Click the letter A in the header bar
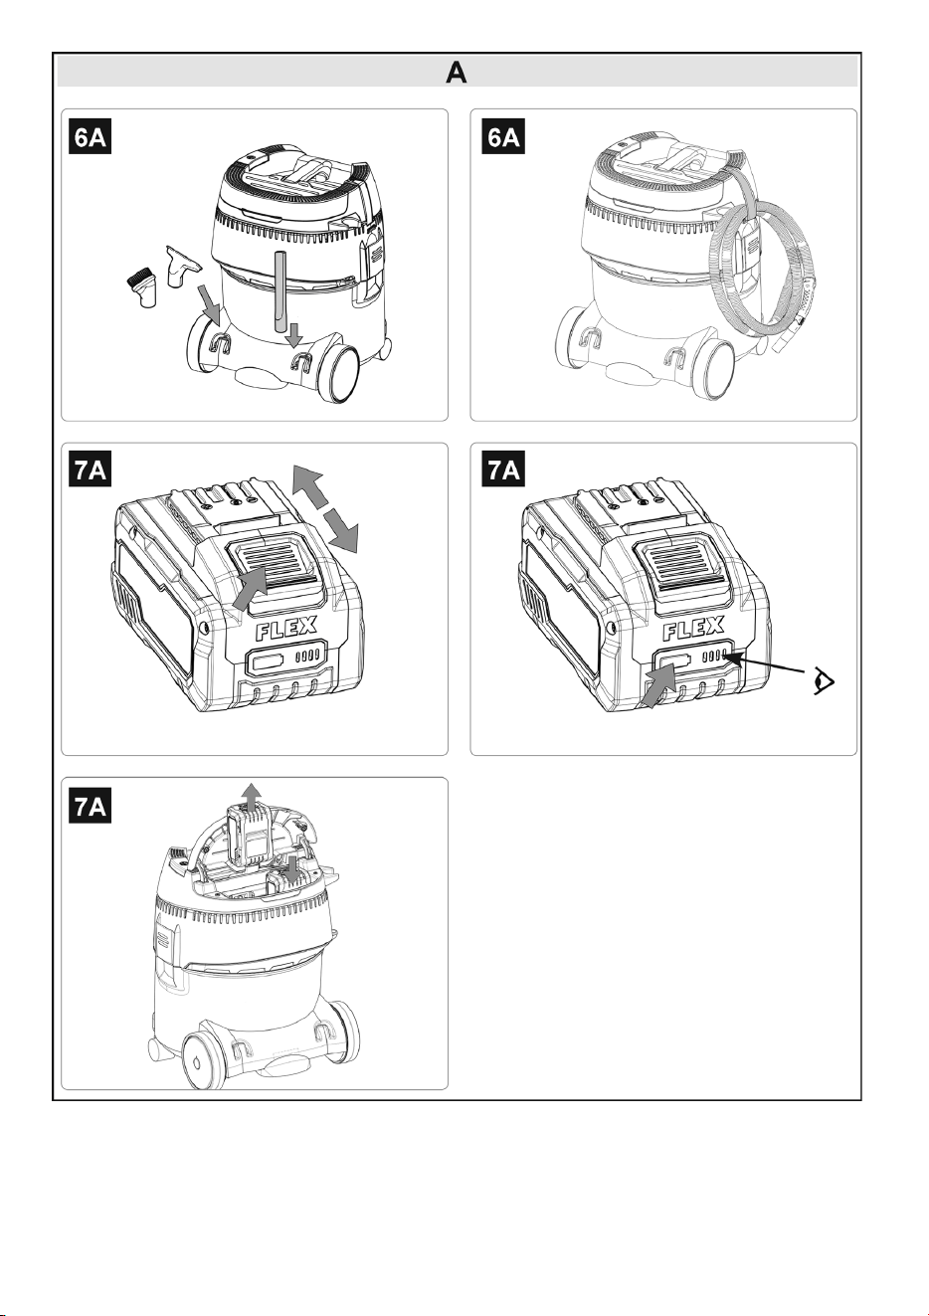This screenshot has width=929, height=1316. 457,73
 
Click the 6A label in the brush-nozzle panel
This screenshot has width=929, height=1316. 90,137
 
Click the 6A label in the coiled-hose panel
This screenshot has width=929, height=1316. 503,137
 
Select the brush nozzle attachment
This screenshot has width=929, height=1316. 142,287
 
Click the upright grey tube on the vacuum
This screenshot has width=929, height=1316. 279,291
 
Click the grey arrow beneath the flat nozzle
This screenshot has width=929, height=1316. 210,299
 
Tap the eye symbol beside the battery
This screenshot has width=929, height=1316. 824,681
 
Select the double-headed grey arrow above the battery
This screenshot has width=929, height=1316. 325,508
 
